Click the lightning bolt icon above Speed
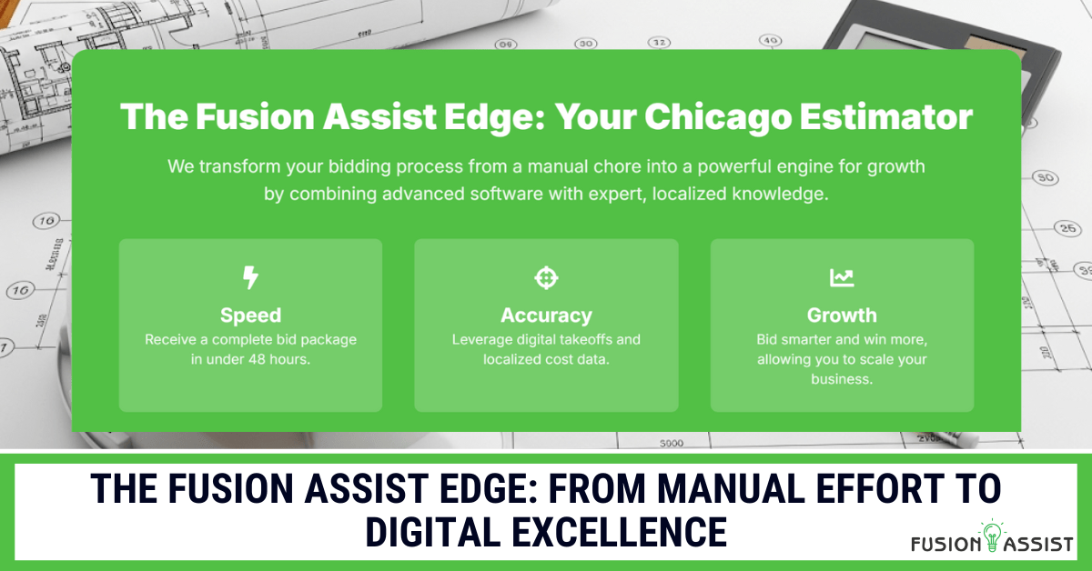[x=250, y=277]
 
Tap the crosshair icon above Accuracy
[x=546, y=278]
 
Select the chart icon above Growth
[x=842, y=278]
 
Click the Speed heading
[x=250, y=316]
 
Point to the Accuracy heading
[x=546, y=316]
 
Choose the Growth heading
[x=842, y=316]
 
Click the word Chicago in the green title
[x=717, y=117]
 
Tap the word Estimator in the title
[x=885, y=117]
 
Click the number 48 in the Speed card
[x=257, y=359]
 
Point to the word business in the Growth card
[x=841, y=379]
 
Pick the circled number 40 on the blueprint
[x=770, y=40]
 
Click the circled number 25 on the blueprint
[x=1067, y=228]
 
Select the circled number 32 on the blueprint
[x=659, y=43]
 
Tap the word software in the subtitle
[x=506, y=194]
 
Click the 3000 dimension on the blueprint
[x=672, y=444]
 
